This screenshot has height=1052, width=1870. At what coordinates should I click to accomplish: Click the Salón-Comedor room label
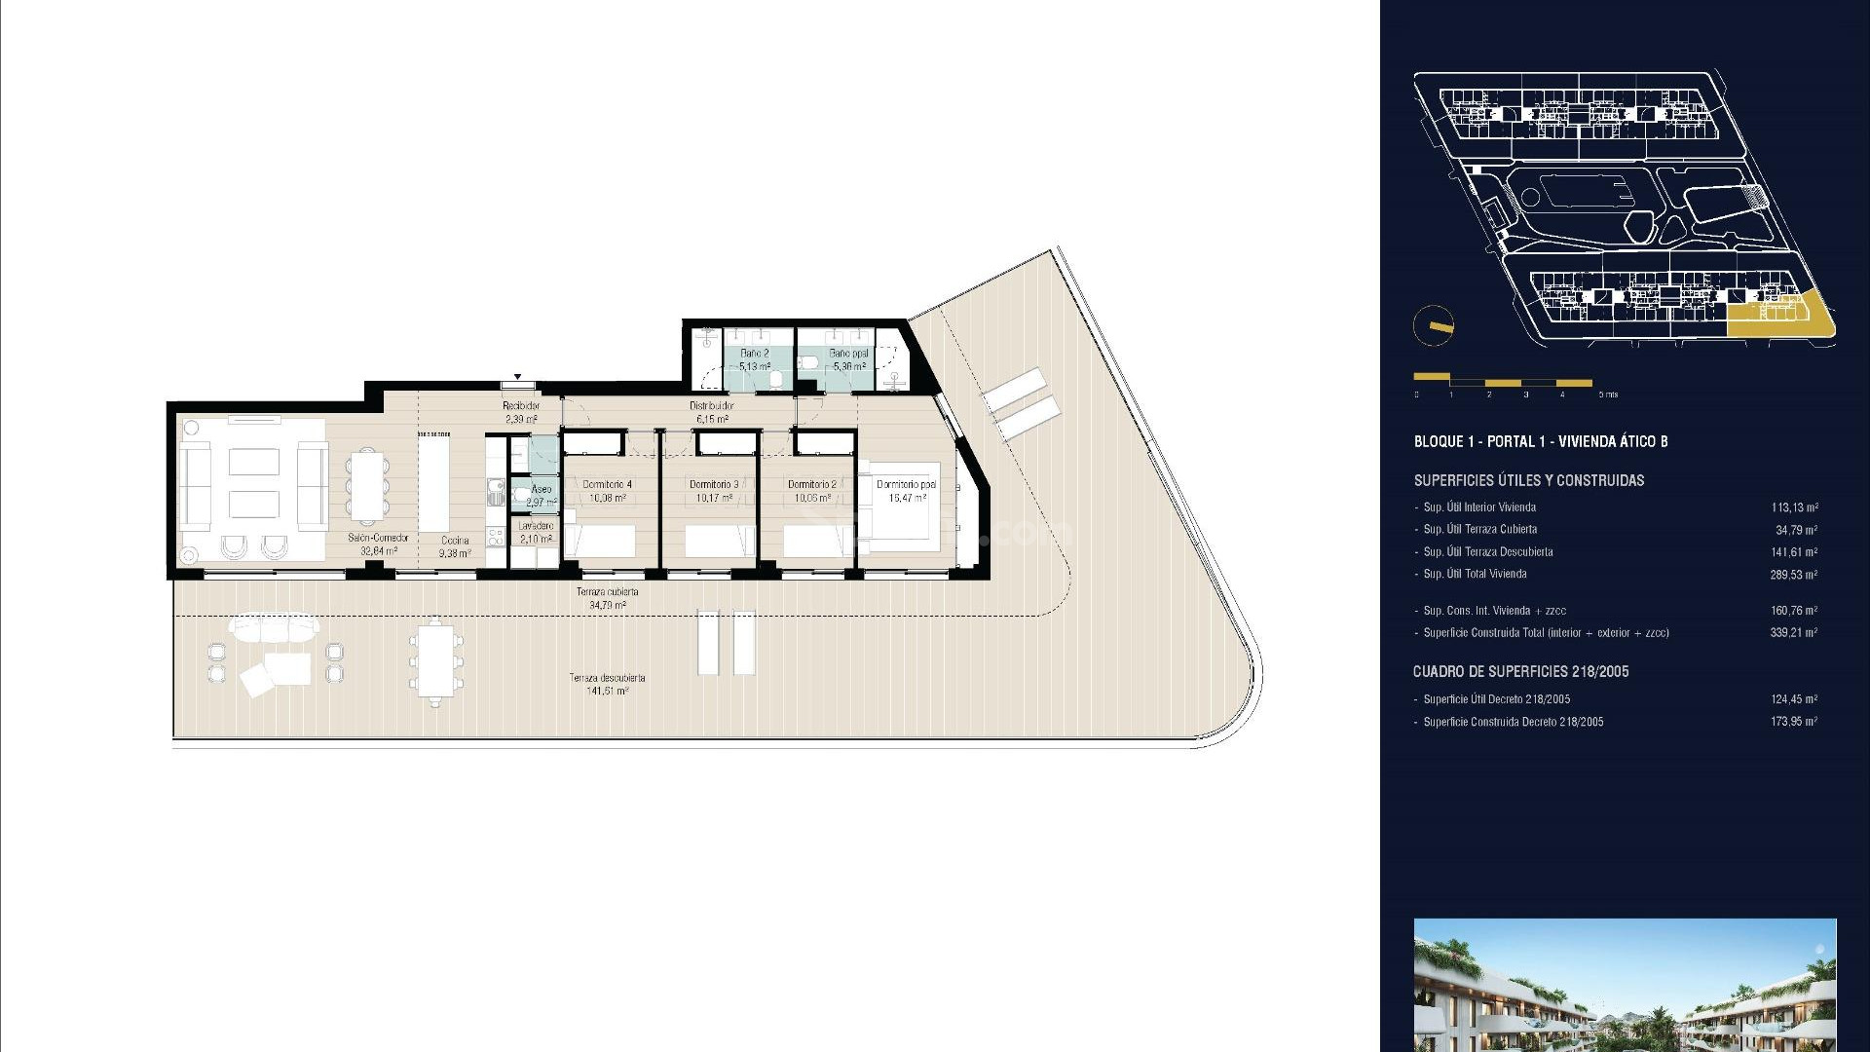point(378,538)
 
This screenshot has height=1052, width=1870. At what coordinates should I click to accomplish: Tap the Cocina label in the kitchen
point(455,541)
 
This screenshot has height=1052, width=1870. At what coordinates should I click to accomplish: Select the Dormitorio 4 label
point(607,484)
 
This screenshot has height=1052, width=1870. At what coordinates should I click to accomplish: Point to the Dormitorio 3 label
point(714,484)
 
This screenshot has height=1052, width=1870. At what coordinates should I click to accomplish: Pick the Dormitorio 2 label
point(812,484)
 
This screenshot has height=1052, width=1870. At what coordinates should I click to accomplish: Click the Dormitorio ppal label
point(906,484)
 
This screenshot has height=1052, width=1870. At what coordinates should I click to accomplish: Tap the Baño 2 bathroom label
point(754,354)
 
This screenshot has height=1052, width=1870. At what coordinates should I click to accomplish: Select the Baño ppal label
point(848,354)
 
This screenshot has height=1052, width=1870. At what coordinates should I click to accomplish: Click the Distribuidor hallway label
point(712,406)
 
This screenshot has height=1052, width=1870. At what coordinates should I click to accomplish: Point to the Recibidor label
point(521,406)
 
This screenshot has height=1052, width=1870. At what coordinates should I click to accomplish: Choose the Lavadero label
point(536,526)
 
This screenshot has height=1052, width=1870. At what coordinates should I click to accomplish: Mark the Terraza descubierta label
point(607,678)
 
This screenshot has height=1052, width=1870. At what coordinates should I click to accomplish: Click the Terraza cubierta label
point(607,592)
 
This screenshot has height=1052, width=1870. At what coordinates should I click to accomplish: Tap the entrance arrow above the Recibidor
point(518,377)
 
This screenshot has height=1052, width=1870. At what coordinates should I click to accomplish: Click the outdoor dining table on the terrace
point(435,659)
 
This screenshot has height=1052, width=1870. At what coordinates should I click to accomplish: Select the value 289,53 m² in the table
point(1793,575)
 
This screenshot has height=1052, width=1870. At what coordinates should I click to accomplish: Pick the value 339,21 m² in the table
point(1793,633)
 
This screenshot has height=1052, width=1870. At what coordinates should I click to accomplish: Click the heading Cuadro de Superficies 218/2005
point(1520,672)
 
